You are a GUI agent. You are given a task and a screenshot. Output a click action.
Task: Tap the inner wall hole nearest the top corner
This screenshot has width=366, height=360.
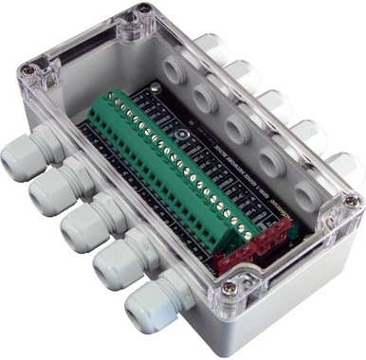(176, 69)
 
